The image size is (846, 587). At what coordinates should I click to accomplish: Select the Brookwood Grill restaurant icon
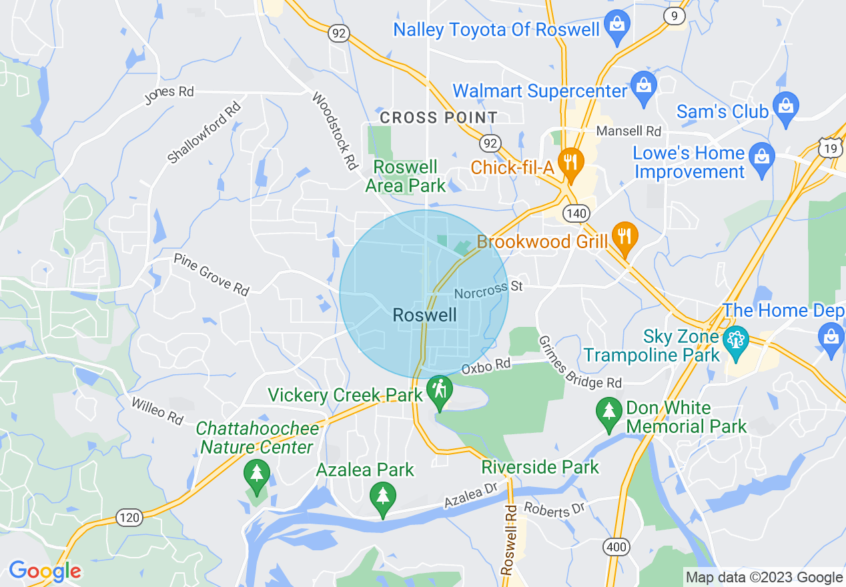[x=624, y=237]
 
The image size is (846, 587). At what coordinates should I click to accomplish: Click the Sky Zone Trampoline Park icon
[x=735, y=343]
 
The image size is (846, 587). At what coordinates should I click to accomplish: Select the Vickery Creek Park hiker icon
[x=440, y=390]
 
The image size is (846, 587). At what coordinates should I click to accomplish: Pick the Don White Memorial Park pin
[x=608, y=412]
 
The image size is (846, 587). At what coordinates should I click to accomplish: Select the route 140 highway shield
[x=575, y=213]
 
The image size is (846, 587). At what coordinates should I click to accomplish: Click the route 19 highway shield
[x=831, y=148]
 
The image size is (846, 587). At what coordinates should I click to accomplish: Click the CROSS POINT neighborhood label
[x=438, y=118]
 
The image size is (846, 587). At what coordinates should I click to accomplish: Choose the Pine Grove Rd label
[x=211, y=273]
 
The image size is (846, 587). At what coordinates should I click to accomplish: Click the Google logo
[x=45, y=571]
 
